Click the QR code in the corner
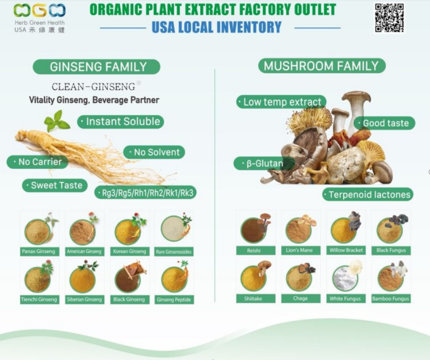pyautogui.click(x=389, y=18)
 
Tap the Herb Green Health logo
pyautogui.click(x=39, y=18)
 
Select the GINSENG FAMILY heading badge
pyautogui.click(x=96, y=66)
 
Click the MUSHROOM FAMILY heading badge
pyautogui.click(x=322, y=66)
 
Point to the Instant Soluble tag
pyautogui.click(x=121, y=122)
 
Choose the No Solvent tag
pyautogui.click(x=154, y=152)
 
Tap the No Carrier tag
pyautogui.click(x=37, y=162)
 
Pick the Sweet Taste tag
pyautogui.click(x=55, y=185)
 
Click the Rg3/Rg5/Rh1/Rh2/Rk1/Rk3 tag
pyautogui.click(x=145, y=193)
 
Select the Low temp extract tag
pyautogui.click(x=281, y=102)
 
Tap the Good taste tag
pyautogui.click(x=384, y=123)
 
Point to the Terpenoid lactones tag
pyautogui.click(x=368, y=195)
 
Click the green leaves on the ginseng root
pyautogui.click(x=57, y=121)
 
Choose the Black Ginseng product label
pyautogui.click(x=130, y=299)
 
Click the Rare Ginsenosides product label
pyautogui.click(x=174, y=252)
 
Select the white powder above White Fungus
pyautogui.click(x=345, y=279)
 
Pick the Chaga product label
pyautogui.click(x=301, y=298)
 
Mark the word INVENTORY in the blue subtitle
pyautogui.click(x=249, y=27)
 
